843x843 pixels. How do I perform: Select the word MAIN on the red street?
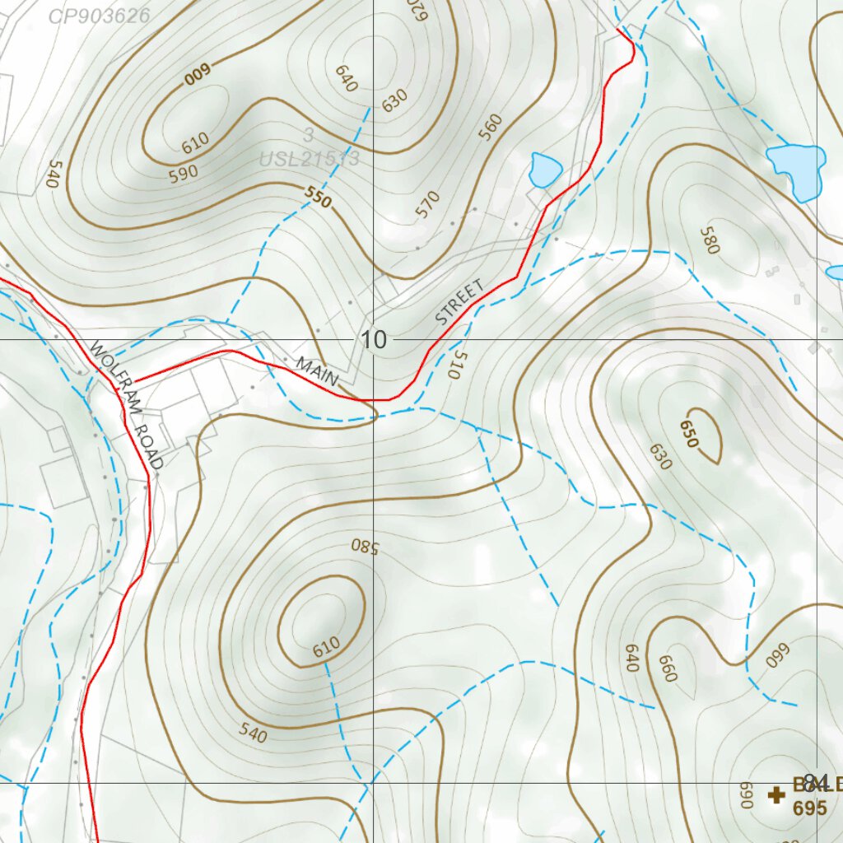click(318, 371)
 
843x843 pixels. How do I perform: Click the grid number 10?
click(373, 339)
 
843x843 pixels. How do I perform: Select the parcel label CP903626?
click(99, 16)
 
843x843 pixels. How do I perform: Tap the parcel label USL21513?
click(309, 159)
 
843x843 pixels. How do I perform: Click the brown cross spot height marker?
click(775, 794)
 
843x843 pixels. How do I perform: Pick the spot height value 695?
click(809, 808)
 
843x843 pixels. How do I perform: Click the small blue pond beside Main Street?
click(544, 170)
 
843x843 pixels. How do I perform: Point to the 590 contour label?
click(183, 172)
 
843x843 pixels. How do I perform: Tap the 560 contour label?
click(490, 127)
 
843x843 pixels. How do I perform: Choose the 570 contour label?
click(428, 204)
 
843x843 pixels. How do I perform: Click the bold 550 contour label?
click(318, 198)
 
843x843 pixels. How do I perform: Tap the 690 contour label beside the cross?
click(747, 794)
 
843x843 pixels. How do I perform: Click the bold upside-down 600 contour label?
click(198, 74)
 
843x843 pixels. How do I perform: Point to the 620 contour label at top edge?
click(420, 10)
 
